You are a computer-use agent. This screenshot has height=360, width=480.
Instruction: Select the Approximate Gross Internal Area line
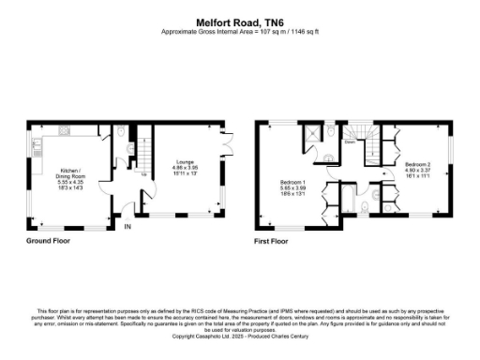(239, 31)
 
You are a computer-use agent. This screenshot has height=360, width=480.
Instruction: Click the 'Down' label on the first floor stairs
(349, 143)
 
